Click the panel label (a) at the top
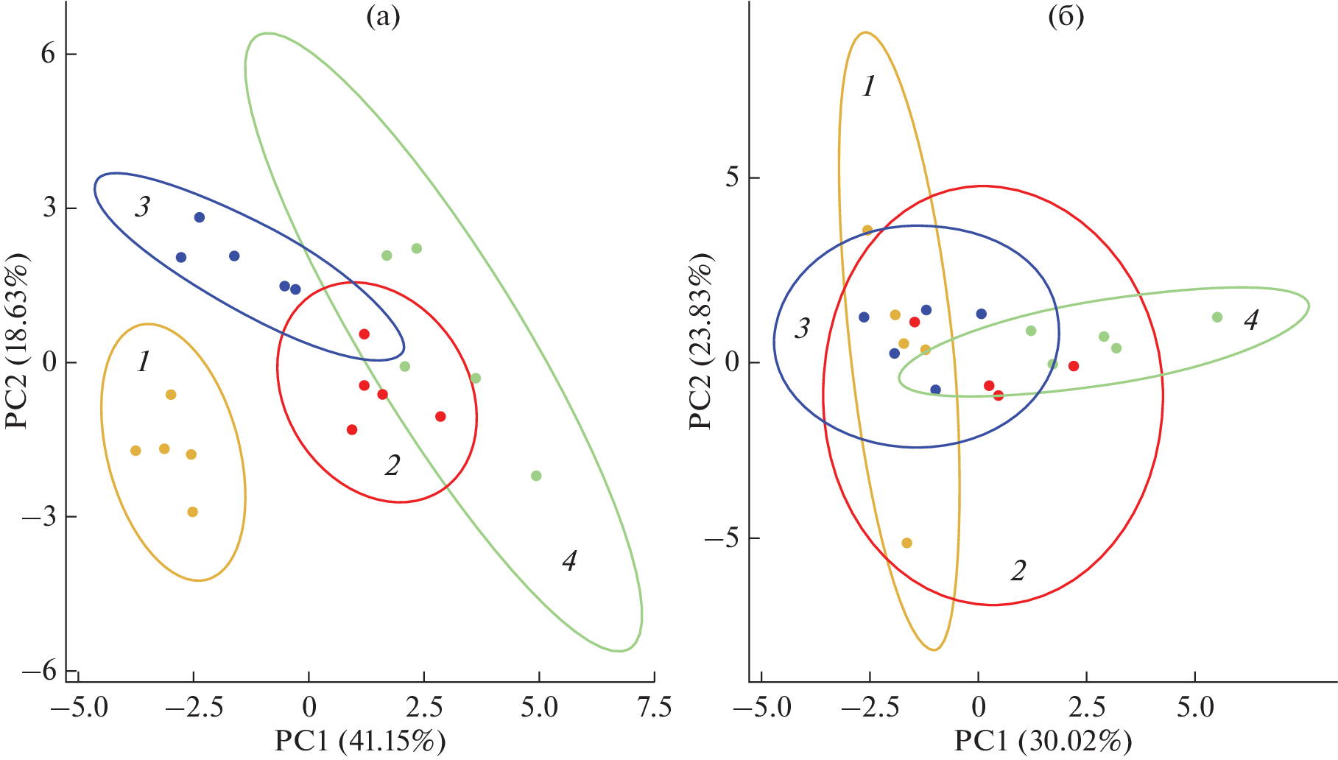(383, 16)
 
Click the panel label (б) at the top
(1066, 16)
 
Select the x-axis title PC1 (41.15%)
(360, 741)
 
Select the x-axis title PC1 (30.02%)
(1043, 741)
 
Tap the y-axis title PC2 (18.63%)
(16, 341)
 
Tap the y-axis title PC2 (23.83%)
(700, 341)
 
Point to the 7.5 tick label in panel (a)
(654, 708)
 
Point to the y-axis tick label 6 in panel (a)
(49, 54)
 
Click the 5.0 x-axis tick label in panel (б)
(1194, 708)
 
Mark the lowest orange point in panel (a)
(193, 512)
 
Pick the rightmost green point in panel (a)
(536, 476)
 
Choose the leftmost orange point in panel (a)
(135, 451)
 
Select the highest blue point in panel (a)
(200, 217)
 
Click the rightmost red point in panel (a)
(440, 417)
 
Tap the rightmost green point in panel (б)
(1217, 317)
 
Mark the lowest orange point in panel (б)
(907, 543)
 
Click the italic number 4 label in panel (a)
(569, 561)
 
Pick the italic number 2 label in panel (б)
(1018, 570)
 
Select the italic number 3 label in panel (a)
(142, 207)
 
